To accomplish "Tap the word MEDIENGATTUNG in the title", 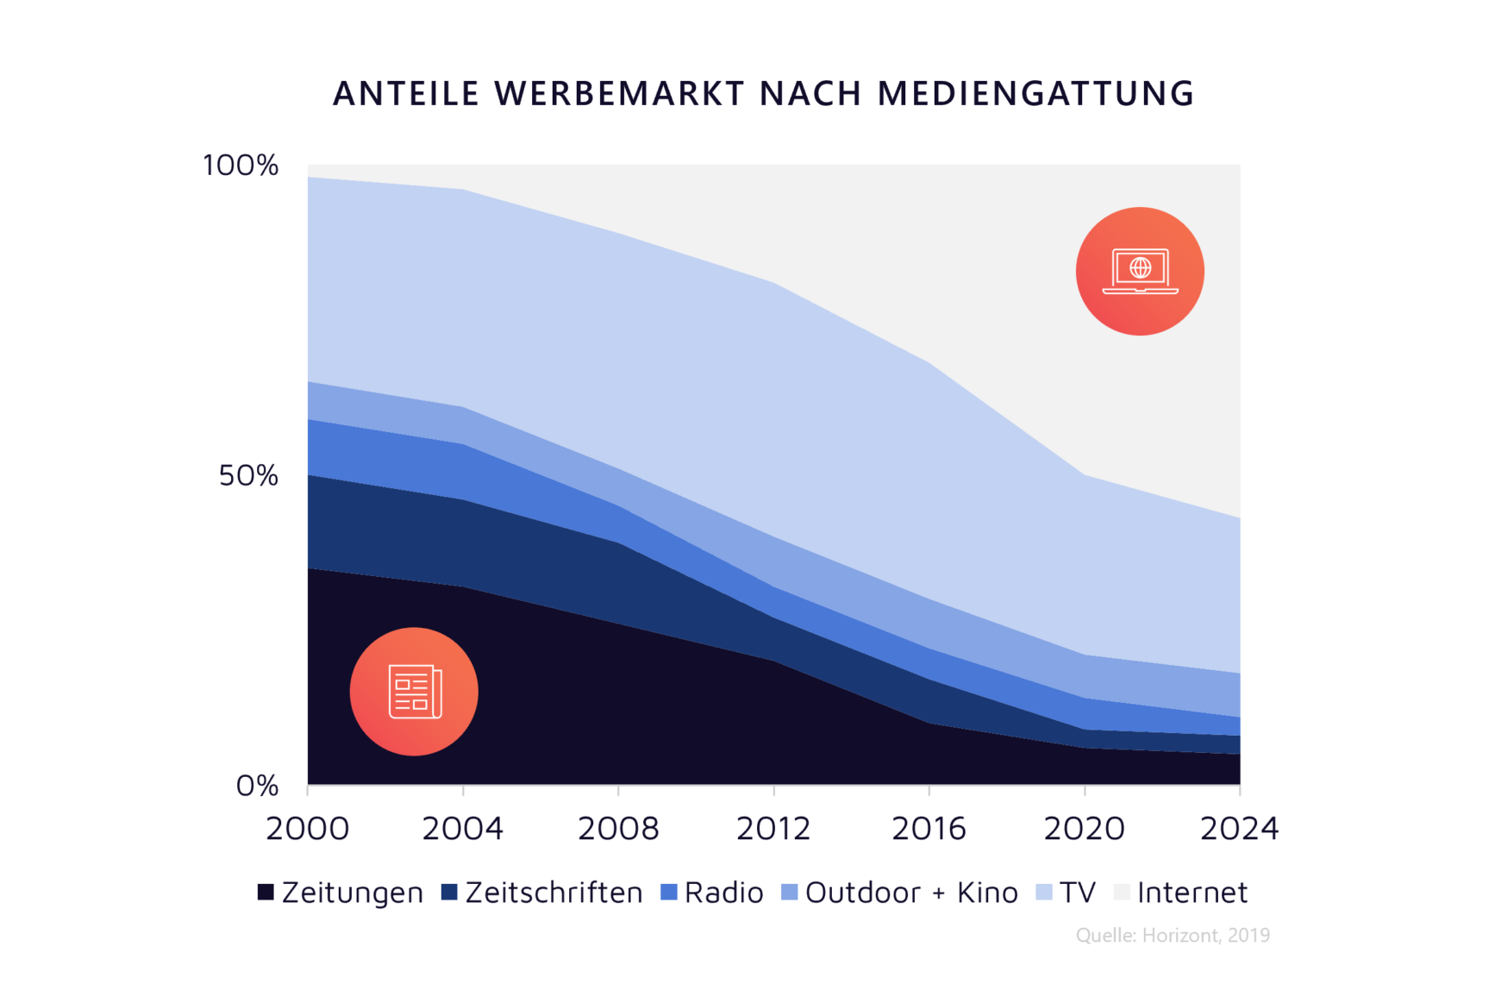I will (1035, 94).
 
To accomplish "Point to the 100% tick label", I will (241, 166).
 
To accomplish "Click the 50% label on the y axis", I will (248, 475).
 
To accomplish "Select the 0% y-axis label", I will (257, 786).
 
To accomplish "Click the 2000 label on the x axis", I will (308, 829).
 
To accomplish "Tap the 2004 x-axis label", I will (463, 829).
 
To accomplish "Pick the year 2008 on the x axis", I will (618, 829).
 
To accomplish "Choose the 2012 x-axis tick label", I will (773, 829).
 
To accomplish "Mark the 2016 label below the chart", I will (929, 829).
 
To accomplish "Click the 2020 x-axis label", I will (1085, 829).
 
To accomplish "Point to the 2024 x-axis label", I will (1240, 829).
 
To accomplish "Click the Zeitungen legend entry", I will (341, 893).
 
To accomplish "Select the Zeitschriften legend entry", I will (542, 893).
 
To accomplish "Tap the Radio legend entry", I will (712, 893).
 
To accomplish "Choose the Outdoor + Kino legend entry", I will (899, 893).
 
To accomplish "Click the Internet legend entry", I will (1180, 893).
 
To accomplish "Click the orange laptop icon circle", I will (1140, 271).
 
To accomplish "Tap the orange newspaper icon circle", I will (414, 692).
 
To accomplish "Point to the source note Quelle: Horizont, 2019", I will (1173, 936).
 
